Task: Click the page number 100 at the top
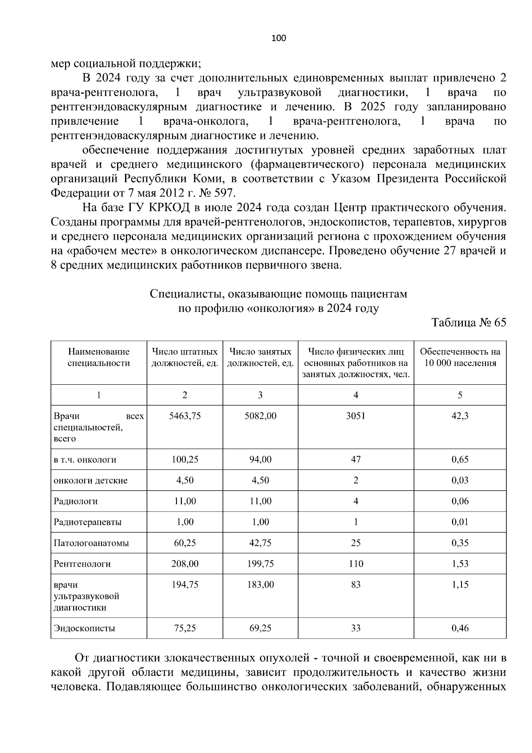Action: click(278, 38)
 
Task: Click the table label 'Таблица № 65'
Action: click(469, 323)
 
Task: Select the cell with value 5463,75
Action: click(185, 416)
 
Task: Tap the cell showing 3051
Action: click(356, 416)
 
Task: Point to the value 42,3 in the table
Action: click(460, 416)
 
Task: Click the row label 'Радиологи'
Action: click(76, 501)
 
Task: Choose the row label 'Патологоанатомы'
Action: click(91, 543)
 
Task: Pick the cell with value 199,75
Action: click(260, 564)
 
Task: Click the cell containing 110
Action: click(356, 564)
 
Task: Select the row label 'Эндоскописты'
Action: click(84, 628)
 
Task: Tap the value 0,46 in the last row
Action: click(460, 628)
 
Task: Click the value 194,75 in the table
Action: click(185, 585)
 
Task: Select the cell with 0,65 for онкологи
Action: click(460, 460)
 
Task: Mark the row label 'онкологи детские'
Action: click(90, 481)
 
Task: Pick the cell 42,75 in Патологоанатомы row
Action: click(260, 543)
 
